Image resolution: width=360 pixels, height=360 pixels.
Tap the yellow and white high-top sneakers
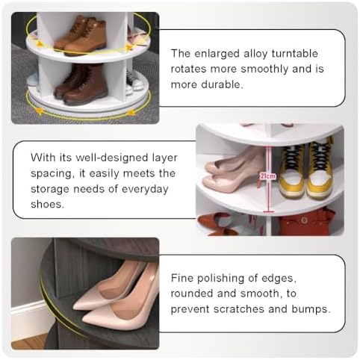click(306, 170)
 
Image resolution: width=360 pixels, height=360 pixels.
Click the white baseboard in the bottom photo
click(28, 321)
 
